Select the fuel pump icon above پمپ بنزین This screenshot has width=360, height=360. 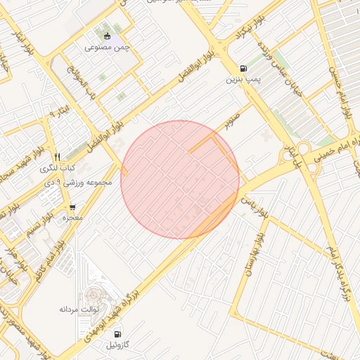click(x=243, y=69)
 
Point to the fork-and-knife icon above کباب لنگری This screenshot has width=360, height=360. click(x=57, y=157)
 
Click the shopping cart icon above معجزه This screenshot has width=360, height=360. click(x=72, y=207)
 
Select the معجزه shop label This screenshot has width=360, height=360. click(x=72, y=219)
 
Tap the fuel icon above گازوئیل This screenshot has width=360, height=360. click(x=116, y=335)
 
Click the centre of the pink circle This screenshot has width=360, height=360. click(x=180, y=180)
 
